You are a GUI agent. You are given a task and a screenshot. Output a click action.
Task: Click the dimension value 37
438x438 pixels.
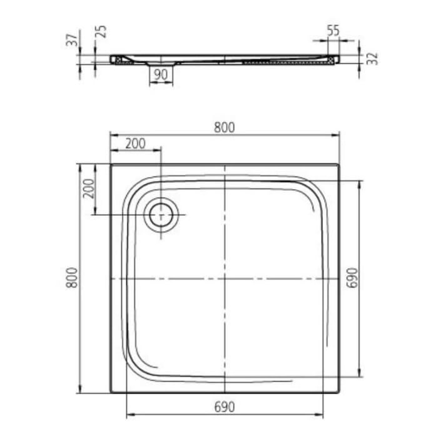point(74,39)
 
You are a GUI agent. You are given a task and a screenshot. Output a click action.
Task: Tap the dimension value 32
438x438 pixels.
point(372,58)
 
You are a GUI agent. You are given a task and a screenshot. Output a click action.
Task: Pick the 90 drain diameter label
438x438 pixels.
point(161,74)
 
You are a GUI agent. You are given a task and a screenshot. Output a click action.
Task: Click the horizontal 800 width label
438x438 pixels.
point(223,127)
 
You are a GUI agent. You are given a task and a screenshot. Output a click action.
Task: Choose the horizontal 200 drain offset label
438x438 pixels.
point(135,143)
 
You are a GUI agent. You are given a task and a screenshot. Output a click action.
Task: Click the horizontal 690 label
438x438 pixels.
point(224,407)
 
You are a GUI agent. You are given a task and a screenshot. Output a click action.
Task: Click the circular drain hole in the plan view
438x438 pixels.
point(162,215)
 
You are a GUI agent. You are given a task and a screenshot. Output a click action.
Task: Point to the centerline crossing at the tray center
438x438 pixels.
point(225,278)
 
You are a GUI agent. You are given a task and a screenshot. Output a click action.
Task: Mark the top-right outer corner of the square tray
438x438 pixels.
point(339,165)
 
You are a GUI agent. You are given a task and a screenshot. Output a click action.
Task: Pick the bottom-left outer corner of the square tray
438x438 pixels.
point(111,392)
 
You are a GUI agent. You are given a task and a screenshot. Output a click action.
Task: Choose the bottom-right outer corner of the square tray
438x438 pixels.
point(339,392)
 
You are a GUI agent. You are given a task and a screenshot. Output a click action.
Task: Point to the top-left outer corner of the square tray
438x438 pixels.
point(111,165)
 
